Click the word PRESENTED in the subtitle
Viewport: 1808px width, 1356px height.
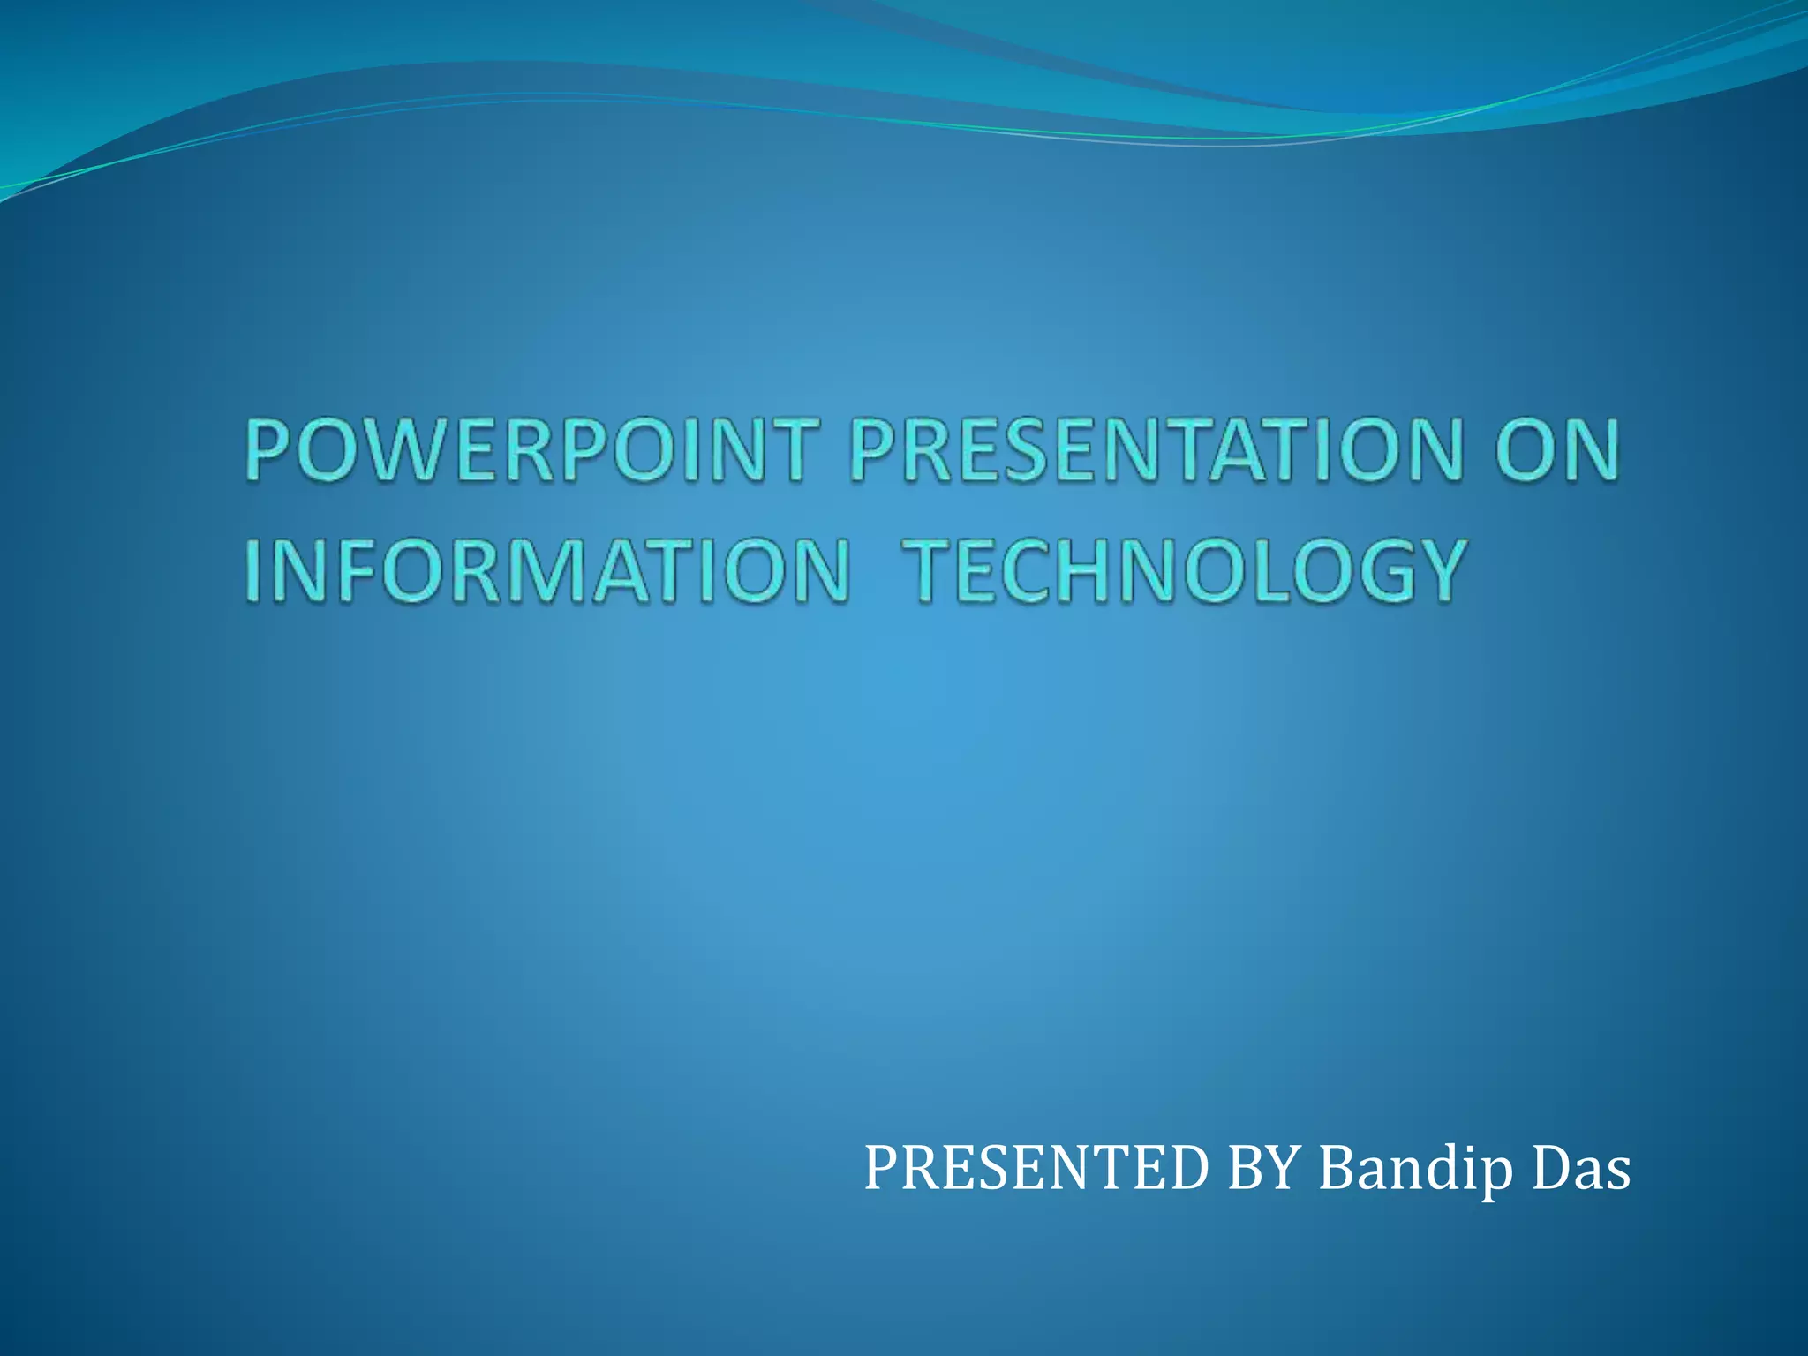tap(1035, 1168)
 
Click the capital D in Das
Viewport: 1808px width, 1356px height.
tap(1552, 1168)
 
